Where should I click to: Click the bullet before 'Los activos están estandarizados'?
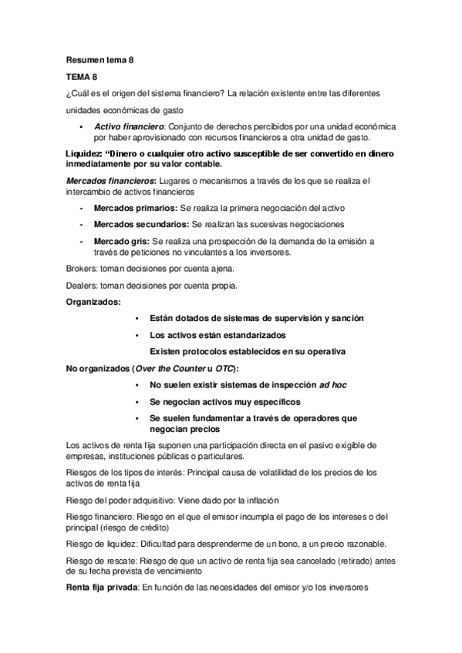137,335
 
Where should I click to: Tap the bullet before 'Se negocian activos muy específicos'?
137,401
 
